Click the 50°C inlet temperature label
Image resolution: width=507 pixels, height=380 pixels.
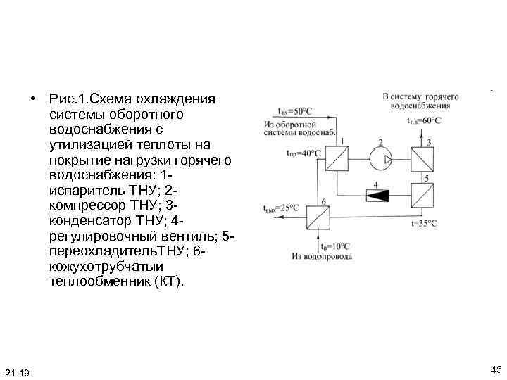[x=293, y=110]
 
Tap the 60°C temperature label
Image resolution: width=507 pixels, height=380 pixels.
[x=424, y=120]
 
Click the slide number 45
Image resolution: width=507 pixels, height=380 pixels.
[x=495, y=369]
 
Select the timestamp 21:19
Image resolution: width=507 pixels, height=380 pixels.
[x=16, y=372]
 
